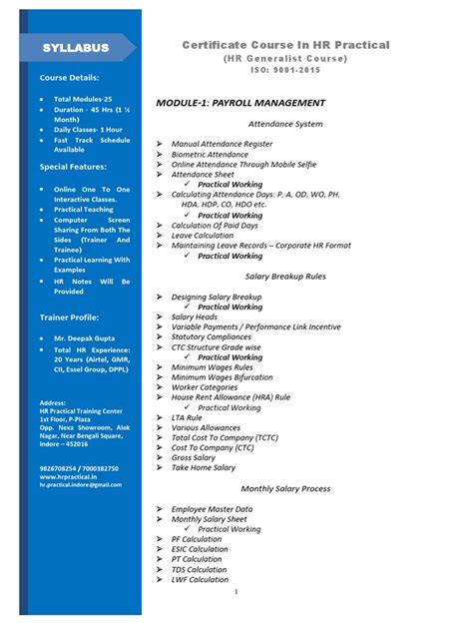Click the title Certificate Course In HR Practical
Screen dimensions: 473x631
pos(285,45)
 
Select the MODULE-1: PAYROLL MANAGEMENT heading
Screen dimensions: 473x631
pos(240,103)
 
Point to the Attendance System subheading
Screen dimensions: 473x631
pos(284,124)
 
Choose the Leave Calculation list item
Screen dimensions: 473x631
pos(209,236)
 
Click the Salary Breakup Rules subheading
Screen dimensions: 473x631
pos(284,275)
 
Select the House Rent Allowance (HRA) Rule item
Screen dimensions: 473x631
pos(231,397)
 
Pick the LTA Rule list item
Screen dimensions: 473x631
pos(194,417)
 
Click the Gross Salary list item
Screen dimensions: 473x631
pos(193,458)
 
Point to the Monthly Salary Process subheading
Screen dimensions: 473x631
pos(284,488)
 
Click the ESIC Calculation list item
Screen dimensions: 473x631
pos(200,549)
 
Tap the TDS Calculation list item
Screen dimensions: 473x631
pos(198,570)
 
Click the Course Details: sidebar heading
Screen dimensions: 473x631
pos(69,77)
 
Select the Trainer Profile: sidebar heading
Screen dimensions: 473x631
pos(70,316)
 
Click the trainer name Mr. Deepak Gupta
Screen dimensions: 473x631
pos(86,339)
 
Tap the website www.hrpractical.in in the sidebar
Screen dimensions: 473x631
pos(72,476)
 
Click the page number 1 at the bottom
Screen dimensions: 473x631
pos(236,592)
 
